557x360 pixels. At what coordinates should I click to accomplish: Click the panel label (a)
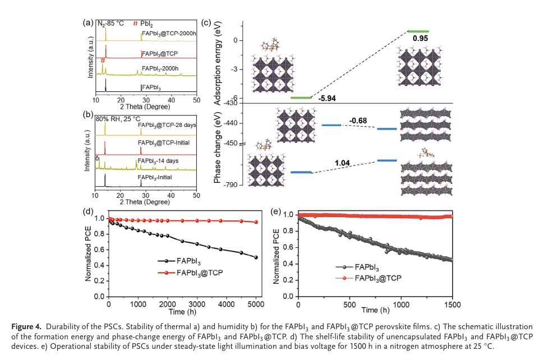pos(87,24)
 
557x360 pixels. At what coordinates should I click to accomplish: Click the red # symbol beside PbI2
pos(135,24)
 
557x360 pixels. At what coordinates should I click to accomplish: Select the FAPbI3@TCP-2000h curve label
pos(169,34)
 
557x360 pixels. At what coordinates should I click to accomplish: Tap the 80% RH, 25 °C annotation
pos(116,119)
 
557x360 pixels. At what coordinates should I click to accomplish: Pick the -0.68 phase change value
pos(358,121)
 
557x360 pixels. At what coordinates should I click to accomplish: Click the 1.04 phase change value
pos(343,163)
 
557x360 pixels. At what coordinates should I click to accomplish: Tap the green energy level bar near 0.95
pos(418,31)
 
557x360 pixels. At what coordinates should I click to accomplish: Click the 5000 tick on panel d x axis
pos(256,304)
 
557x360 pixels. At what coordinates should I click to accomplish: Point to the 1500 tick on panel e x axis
pos(452,304)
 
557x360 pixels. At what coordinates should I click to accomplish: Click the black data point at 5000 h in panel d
pos(256,257)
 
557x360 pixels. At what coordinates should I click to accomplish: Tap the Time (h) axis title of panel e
pos(375,310)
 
